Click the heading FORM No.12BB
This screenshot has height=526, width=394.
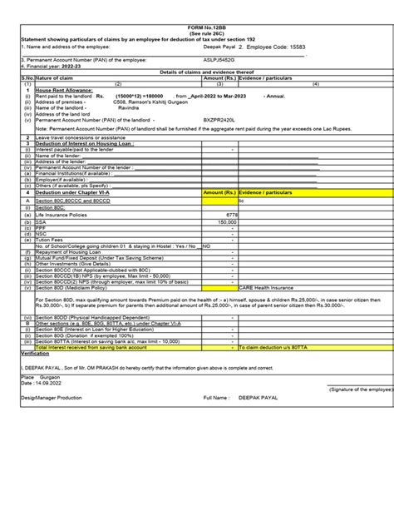click(196, 27)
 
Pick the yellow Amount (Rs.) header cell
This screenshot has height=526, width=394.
click(219, 191)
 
